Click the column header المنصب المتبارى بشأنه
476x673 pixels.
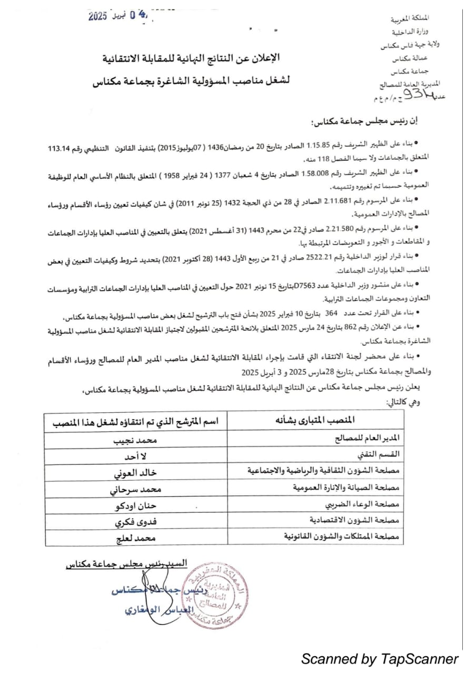coord(315,420)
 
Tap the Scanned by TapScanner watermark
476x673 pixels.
coord(380,658)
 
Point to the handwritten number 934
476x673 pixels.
coord(429,94)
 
